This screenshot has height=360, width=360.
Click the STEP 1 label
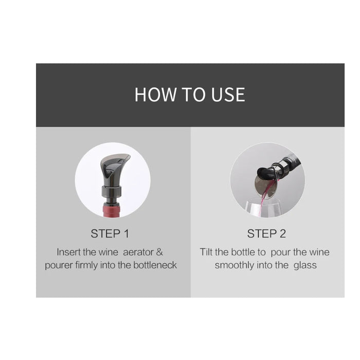click(110, 233)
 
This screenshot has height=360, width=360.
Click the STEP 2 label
click(266, 233)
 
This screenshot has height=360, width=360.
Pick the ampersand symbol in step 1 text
click(159, 252)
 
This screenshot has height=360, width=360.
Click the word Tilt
click(207, 252)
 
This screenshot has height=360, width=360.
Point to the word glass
click(305, 265)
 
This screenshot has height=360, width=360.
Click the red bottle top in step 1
click(113, 209)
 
